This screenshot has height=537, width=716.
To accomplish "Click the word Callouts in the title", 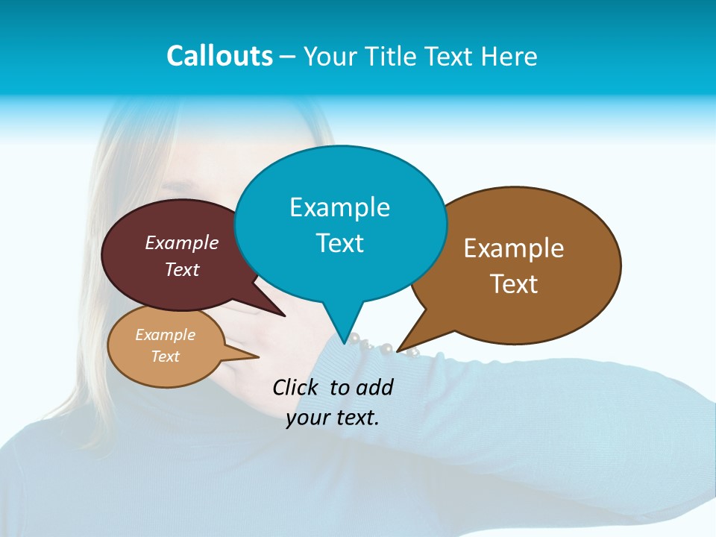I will (219, 57).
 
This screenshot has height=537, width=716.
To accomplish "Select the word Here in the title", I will (509, 57).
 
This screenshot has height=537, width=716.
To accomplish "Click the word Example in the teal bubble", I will (339, 207).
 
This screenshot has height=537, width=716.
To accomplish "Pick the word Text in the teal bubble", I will (339, 243).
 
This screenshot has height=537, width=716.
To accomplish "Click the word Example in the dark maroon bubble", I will (182, 242).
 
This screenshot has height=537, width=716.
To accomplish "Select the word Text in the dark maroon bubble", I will (182, 269).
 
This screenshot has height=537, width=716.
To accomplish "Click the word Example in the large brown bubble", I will (514, 248).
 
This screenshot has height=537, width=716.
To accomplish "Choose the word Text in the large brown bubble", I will (514, 284).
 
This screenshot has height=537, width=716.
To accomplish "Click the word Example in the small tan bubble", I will (165, 335).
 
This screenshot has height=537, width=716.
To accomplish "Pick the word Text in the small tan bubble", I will (165, 357).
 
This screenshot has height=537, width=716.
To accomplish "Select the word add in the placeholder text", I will (374, 387).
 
